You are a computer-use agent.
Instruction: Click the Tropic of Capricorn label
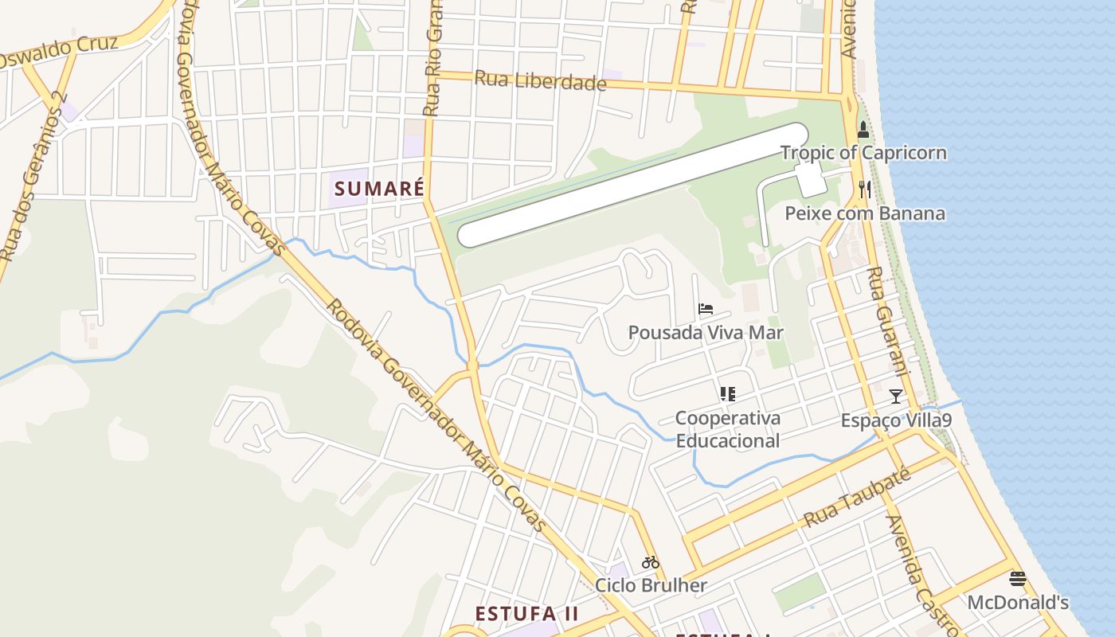tap(863, 152)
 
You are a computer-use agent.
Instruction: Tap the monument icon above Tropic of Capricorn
tap(863, 130)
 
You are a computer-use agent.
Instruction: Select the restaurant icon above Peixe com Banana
tap(865, 190)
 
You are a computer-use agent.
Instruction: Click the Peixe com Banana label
tap(865, 213)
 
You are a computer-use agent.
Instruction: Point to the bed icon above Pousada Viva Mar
tap(706, 309)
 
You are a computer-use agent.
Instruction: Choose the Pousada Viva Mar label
tap(706, 332)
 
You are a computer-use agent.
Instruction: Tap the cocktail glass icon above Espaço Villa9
tap(896, 396)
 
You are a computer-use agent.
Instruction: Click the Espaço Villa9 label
tap(896, 420)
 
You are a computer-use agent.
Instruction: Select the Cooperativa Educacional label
tap(727, 429)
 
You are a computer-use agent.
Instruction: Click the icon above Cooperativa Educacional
tap(727, 393)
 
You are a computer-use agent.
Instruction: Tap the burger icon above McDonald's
tap(1018, 579)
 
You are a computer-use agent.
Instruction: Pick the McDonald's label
tap(1018, 602)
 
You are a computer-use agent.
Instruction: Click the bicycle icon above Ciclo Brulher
tap(651, 562)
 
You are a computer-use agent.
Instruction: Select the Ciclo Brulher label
tap(651, 586)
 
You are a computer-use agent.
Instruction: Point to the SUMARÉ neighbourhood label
tap(379, 189)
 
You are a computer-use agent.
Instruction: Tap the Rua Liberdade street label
tap(541, 80)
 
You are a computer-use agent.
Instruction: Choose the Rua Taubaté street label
tap(856, 498)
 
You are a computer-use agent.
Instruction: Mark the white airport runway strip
tap(633, 184)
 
